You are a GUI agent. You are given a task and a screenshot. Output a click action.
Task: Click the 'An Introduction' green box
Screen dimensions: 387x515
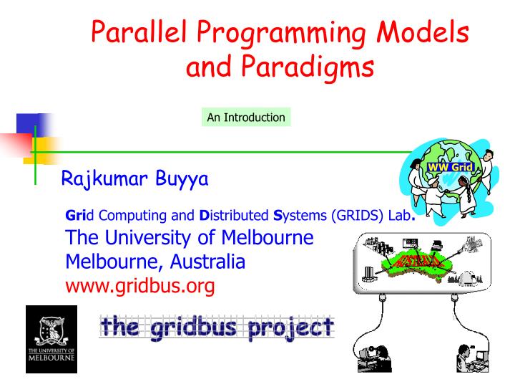[245, 118]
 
